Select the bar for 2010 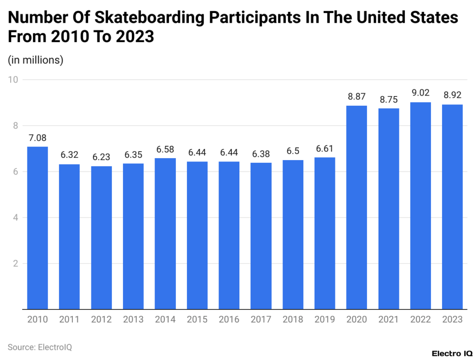(38, 227)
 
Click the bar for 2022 (420, 206)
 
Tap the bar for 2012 (101, 237)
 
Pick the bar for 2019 (325, 233)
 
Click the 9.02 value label (420, 92)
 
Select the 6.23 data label (101, 157)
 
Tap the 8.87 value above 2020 (357, 96)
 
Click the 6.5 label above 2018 (293, 151)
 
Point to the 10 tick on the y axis (13, 80)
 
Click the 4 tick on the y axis (15, 218)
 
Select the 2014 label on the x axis (165, 320)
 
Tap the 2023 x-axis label (452, 320)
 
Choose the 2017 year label (261, 320)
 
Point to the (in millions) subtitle (36, 60)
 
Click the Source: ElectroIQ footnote (40, 347)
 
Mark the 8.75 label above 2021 (388, 99)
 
